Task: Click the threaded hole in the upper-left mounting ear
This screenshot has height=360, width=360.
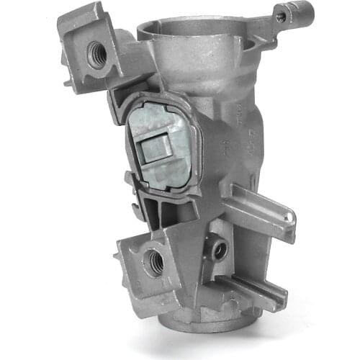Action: point(96,53)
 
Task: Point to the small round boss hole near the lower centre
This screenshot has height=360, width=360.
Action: point(218,249)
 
